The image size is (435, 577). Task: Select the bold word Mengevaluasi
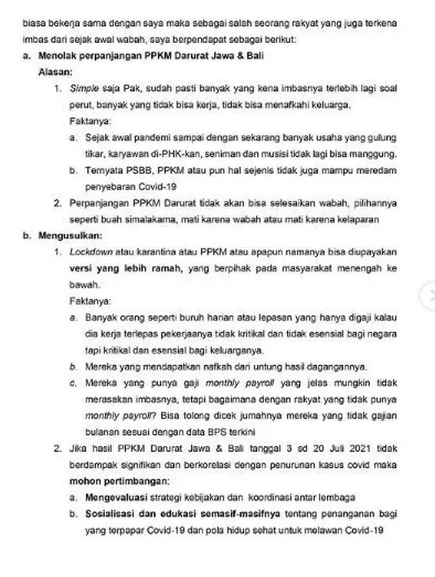(115, 496)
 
